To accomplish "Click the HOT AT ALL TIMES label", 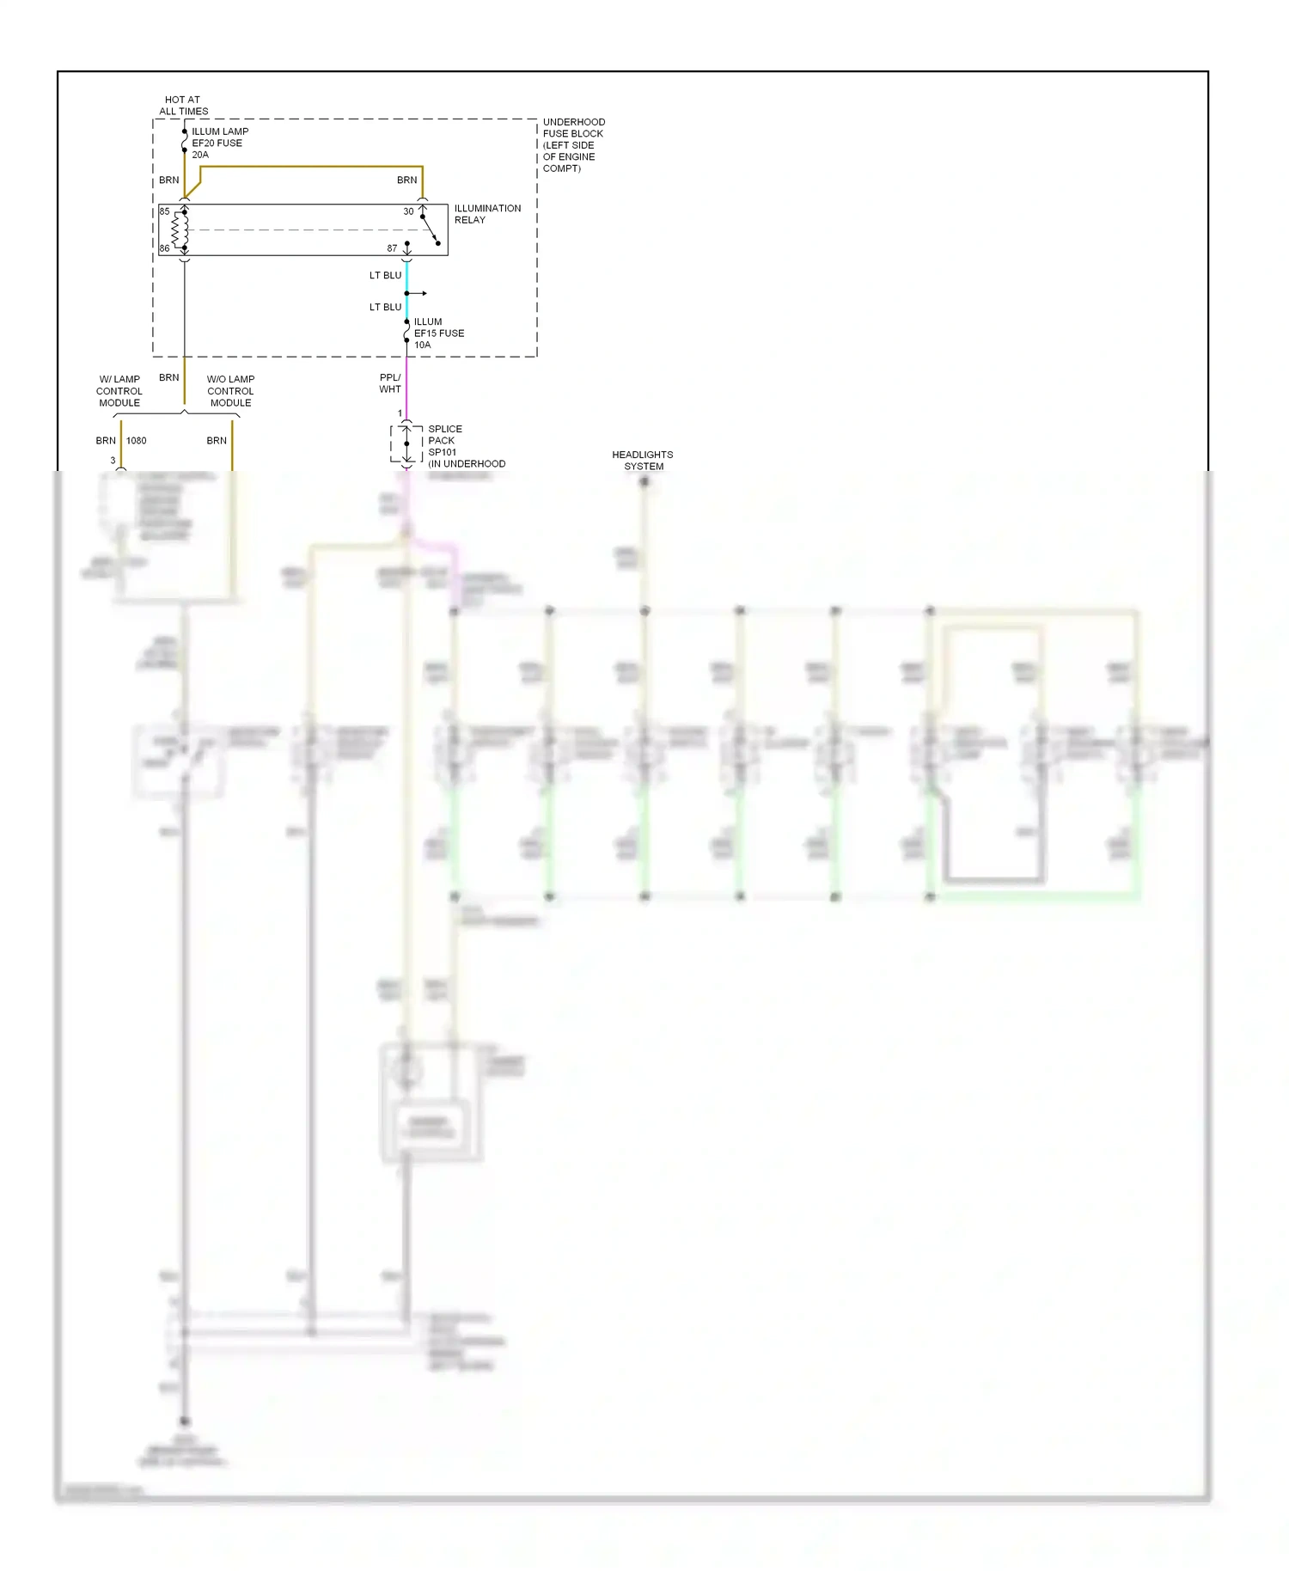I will click(183, 106).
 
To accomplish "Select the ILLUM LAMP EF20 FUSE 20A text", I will click(219, 144).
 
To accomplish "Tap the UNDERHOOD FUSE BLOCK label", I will click(573, 145).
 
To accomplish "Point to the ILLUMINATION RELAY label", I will click(486, 214).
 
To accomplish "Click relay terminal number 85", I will click(164, 211).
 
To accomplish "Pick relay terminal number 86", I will click(164, 248).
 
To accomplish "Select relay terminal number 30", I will click(409, 211).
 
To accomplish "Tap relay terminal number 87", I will click(392, 248).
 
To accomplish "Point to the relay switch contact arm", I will click(431, 230).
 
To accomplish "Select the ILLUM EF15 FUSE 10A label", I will click(438, 333).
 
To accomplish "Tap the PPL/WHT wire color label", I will click(390, 383).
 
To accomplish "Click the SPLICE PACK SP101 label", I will click(446, 441).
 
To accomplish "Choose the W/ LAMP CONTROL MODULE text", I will click(119, 391).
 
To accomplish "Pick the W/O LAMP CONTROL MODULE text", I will click(230, 391).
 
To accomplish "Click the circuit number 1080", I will click(137, 441).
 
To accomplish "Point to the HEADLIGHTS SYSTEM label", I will click(643, 461).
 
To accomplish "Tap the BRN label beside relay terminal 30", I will click(406, 180).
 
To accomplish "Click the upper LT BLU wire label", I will click(385, 276).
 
